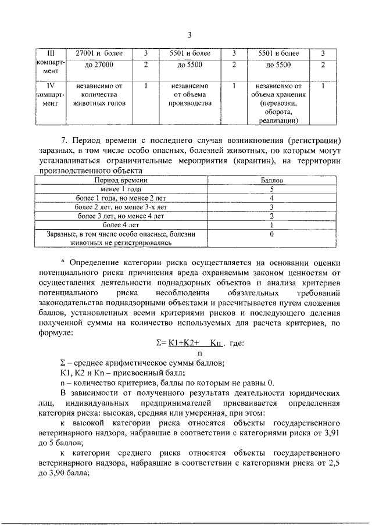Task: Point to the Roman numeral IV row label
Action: [x=50, y=84]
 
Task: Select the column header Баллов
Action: [x=271, y=181]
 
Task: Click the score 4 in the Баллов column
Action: [x=271, y=198]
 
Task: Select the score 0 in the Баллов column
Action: [x=271, y=234]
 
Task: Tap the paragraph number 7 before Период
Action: [x=63, y=141]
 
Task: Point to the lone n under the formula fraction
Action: [x=199, y=352]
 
